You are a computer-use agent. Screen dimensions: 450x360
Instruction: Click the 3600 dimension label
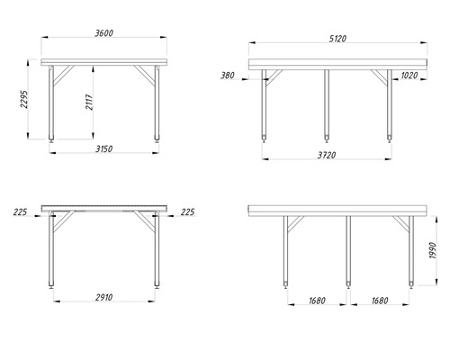(104, 33)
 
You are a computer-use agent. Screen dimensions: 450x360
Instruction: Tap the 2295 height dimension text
(24, 99)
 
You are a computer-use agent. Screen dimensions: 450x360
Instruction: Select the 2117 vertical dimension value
(89, 102)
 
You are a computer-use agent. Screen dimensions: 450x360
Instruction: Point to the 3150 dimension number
(104, 148)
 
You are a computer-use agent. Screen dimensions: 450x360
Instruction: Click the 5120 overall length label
(337, 39)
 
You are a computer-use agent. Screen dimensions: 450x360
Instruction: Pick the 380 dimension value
(228, 76)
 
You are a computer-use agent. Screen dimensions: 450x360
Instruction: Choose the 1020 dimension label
(409, 76)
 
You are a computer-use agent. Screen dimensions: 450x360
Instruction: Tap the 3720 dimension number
(327, 155)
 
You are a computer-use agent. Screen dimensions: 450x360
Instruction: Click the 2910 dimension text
(104, 297)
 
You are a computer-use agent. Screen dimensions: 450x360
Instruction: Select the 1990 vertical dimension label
(432, 250)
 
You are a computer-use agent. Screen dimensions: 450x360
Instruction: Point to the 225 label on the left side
(20, 212)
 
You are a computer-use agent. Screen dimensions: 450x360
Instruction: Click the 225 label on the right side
(187, 212)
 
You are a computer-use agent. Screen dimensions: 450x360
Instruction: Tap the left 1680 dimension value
(317, 301)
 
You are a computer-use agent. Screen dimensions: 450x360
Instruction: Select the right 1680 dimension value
(380, 301)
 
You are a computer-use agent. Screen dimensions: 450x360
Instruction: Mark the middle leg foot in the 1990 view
(348, 284)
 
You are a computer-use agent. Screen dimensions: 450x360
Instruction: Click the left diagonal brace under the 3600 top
(64, 76)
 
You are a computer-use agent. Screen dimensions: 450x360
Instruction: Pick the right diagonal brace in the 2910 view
(144, 221)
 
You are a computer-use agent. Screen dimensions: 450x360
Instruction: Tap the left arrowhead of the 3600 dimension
(45, 37)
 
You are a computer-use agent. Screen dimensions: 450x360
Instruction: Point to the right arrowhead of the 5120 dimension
(424, 43)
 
